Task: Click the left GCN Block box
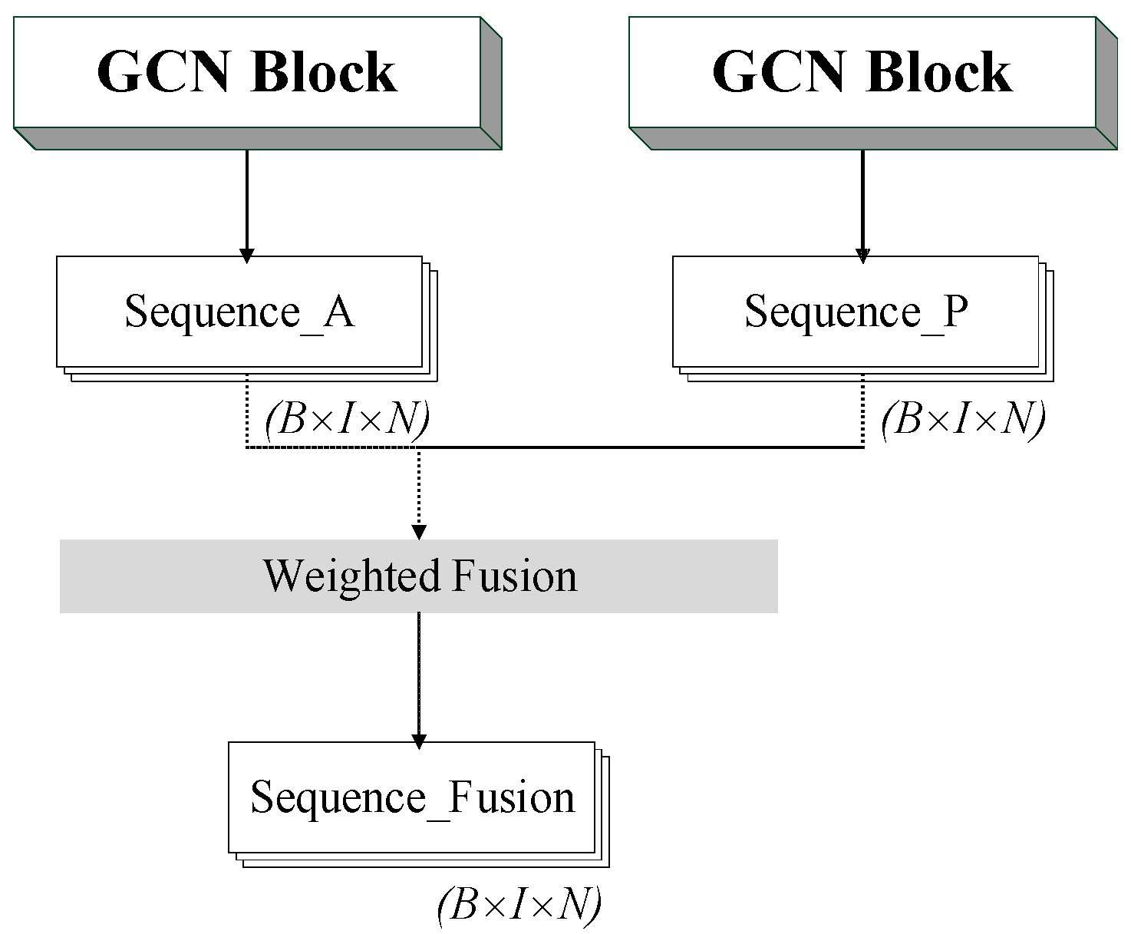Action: click(247, 72)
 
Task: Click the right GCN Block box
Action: click(862, 72)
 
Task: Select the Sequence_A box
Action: click(239, 312)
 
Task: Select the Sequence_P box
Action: click(856, 312)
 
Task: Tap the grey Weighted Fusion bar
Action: click(419, 576)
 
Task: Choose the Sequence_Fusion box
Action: click(412, 797)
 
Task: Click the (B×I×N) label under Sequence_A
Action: click(347, 420)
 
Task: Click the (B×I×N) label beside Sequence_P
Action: click(963, 420)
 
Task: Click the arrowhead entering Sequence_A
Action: click(246, 256)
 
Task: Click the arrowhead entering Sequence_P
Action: click(862, 256)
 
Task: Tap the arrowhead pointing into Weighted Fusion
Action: click(419, 532)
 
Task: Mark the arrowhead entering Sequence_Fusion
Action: click(419, 741)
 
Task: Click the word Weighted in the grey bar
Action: click(352, 576)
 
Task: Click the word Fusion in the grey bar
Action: click(514, 576)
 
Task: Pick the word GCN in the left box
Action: click(163, 72)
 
